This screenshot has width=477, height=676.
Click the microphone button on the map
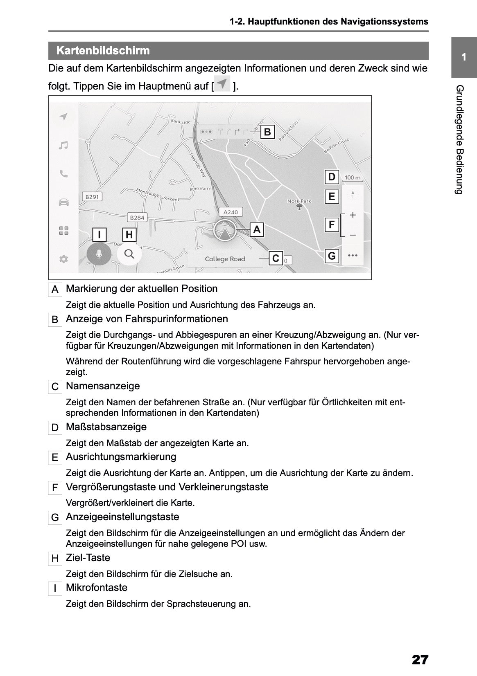point(99,254)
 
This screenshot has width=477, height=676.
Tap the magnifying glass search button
point(129,254)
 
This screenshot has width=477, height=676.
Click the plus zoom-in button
point(353,215)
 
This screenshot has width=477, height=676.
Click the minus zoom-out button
point(353,236)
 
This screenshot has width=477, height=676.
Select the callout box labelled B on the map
point(267,132)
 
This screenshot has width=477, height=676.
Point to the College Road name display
point(225,259)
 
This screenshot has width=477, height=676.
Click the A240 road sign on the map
point(231,212)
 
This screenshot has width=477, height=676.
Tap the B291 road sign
point(92,197)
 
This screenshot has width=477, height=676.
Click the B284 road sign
point(137,218)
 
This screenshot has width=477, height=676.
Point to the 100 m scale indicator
point(353,178)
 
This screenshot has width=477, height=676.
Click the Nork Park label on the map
point(299,201)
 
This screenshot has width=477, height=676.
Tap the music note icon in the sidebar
point(63,146)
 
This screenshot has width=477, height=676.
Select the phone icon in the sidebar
point(63,174)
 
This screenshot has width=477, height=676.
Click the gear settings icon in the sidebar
point(63,259)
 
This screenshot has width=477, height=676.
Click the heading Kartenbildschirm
point(103,51)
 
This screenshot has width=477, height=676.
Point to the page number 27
point(420,660)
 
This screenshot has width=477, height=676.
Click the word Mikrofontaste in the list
point(97,588)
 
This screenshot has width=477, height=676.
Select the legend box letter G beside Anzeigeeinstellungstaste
point(55,518)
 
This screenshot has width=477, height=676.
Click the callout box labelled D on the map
point(332,177)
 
